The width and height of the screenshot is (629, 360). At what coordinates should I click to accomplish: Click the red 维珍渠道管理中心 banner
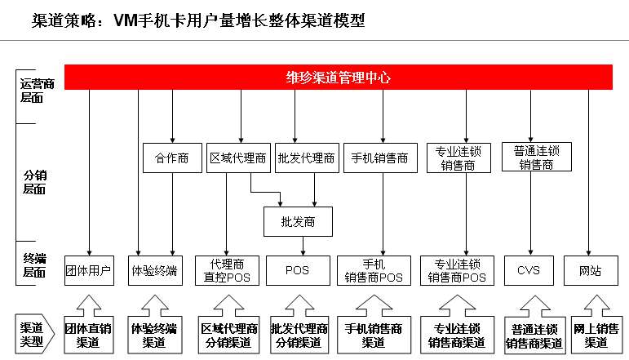(338, 78)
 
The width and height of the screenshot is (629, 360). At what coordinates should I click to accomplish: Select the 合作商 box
(172, 158)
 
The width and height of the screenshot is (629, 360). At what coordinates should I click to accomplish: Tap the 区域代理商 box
(237, 158)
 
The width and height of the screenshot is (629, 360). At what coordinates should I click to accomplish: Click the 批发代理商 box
(306, 158)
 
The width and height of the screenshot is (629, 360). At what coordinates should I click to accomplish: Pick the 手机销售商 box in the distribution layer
(379, 158)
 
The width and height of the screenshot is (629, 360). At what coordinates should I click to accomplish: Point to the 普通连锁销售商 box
(536, 157)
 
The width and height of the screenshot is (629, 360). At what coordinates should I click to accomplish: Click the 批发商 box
(297, 221)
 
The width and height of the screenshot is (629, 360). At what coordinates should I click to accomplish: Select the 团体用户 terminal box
(88, 270)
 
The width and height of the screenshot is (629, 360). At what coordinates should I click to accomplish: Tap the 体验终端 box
(154, 270)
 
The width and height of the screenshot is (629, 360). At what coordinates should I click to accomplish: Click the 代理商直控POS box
(228, 270)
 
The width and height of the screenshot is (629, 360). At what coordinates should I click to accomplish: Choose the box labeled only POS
(297, 270)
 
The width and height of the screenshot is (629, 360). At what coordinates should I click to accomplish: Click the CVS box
(529, 270)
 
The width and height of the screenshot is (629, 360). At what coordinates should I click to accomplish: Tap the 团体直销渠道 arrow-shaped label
(88, 333)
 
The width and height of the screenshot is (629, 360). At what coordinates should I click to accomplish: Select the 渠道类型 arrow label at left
(35, 333)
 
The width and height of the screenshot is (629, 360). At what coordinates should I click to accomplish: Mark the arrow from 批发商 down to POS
(304, 246)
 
